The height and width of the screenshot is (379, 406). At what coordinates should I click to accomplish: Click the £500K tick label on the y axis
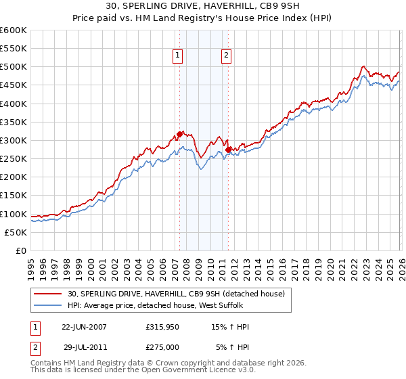click(x=14, y=67)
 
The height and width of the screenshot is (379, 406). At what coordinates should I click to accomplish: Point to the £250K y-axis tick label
click(x=14, y=159)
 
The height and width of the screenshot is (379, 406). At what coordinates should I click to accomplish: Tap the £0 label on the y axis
click(x=22, y=251)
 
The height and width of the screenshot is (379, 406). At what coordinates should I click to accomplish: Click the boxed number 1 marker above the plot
click(x=178, y=57)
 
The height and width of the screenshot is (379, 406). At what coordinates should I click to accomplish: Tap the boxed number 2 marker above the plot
click(x=226, y=57)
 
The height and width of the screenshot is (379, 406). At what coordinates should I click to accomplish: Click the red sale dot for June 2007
click(x=179, y=134)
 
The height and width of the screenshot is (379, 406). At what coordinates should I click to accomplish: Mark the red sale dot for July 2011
click(x=228, y=150)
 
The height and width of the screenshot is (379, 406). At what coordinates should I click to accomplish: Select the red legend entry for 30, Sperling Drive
click(x=179, y=293)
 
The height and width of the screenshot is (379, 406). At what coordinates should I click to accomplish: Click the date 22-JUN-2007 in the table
click(x=84, y=327)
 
